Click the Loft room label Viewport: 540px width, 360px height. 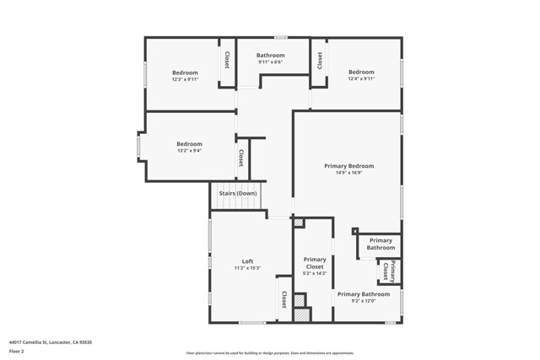click(x=247, y=261)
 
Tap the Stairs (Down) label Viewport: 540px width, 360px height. click(x=238, y=193)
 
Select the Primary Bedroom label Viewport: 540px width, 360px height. click(x=348, y=166)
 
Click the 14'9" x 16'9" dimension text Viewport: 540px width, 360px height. click(x=348, y=173)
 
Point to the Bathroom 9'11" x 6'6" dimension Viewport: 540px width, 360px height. click(x=270, y=62)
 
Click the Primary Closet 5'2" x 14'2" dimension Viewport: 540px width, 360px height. click(x=315, y=273)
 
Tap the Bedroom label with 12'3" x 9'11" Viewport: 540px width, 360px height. click(x=185, y=73)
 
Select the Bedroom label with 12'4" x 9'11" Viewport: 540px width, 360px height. click(x=361, y=72)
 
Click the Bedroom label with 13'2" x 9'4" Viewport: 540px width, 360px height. click(x=189, y=143)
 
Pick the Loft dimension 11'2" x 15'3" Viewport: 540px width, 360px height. click(x=247, y=268)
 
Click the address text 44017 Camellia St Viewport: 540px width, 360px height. click(x=51, y=342)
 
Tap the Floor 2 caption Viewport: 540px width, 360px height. click(x=16, y=351)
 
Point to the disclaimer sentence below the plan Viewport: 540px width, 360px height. click(x=271, y=352)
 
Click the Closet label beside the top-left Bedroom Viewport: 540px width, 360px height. click(x=227, y=61)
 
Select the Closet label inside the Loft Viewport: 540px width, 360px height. click(x=283, y=298)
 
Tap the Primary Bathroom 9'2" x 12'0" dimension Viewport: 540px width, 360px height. click(x=364, y=301)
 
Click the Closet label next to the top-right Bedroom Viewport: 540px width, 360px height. click(x=320, y=60)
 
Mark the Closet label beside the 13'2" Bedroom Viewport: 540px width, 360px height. click(x=241, y=158)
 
